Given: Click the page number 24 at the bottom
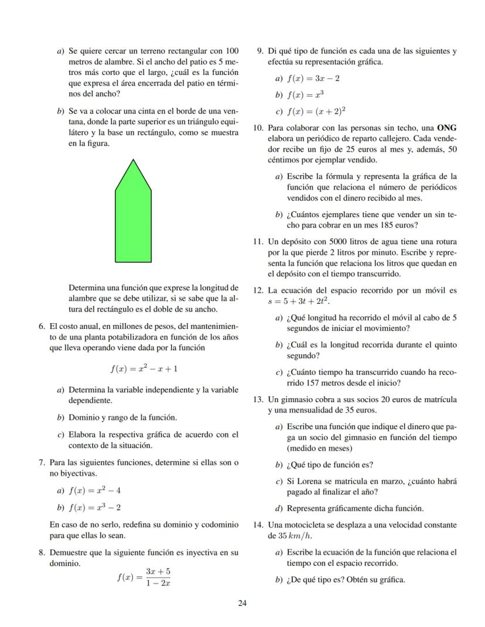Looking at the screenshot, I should [x=243, y=604].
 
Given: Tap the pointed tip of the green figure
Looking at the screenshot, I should [x=133, y=160].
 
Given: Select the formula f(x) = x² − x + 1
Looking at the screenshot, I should [x=144, y=369].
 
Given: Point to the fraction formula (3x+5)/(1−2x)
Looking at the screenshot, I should [x=144, y=577].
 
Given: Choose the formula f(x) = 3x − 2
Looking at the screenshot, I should [x=313, y=78].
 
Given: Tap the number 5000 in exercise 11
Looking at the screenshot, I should [x=326, y=241].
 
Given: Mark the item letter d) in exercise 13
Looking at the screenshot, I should [x=278, y=508].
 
